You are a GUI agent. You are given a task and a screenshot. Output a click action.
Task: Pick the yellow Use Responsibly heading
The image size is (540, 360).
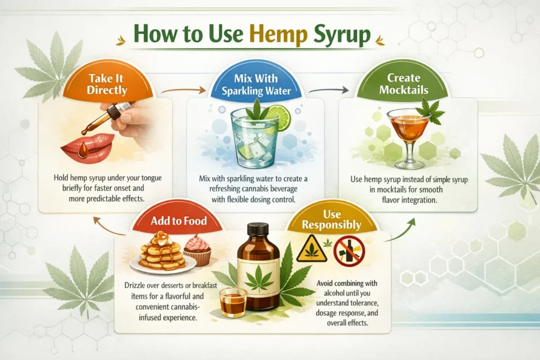[332, 220]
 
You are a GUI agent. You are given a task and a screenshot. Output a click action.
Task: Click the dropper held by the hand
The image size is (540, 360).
[113, 116]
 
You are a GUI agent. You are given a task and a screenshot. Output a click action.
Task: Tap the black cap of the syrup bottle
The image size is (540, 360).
[258, 229]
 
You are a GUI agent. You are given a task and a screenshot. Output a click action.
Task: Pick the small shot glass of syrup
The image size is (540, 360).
[233, 303]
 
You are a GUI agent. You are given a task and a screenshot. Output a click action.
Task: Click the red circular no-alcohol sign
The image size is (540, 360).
[349, 250]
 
